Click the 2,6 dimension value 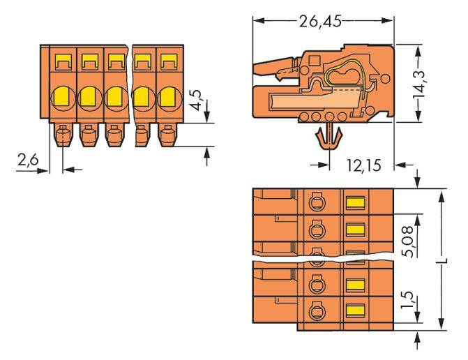(x=29, y=162)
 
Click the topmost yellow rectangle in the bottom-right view (x=356, y=203)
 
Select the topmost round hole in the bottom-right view (x=315, y=203)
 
